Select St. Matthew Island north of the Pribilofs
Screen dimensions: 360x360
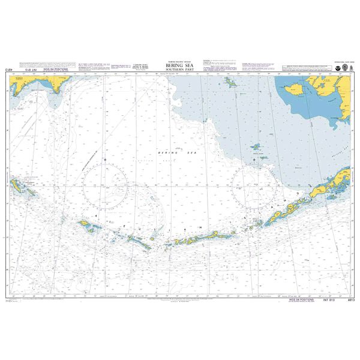pyautogui.click(x=229, y=82)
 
